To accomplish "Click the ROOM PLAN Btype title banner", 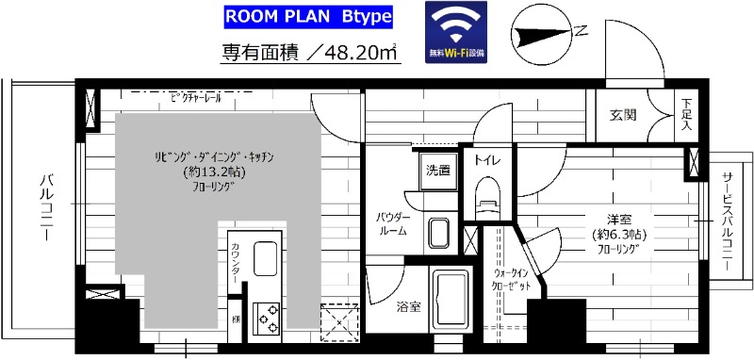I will [x=296, y=18].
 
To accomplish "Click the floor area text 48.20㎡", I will [x=310, y=52].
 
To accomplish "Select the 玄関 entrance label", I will [x=622, y=115].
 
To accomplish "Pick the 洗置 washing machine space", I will [x=437, y=171].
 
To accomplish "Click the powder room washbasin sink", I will [x=438, y=231].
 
